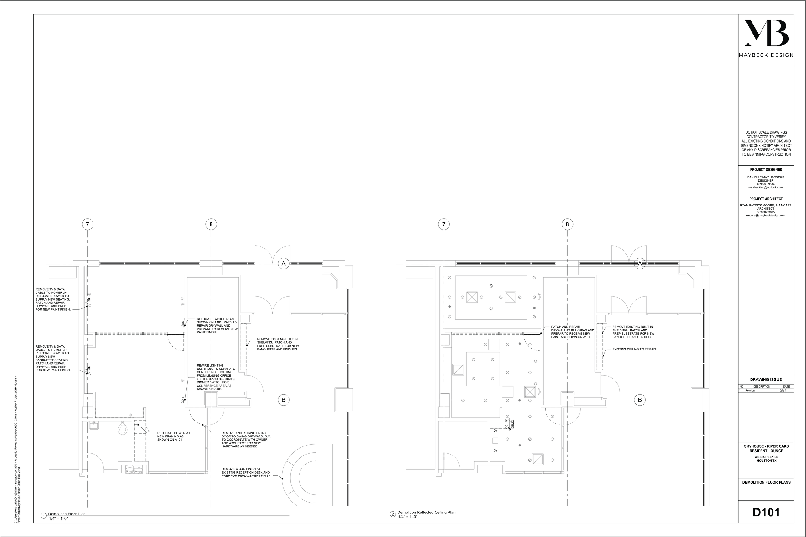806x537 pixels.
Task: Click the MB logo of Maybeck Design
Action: [x=766, y=38]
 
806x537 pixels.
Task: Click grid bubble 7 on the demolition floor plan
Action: [x=88, y=224]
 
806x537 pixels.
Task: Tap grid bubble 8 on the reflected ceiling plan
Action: [x=567, y=224]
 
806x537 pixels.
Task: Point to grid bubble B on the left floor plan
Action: [x=283, y=400]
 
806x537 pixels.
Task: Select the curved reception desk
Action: [x=298, y=476]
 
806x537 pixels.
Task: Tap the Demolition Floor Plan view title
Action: [x=67, y=514]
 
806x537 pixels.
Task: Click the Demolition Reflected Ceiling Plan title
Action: [x=426, y=512]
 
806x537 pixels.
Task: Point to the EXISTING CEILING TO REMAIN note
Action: [x=634, y=349]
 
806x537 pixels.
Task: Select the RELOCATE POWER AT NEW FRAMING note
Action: [x=173, y=436]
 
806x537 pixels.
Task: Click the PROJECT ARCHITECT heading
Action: [x=766, y=199]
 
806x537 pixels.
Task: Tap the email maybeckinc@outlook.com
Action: [x=765, y=188]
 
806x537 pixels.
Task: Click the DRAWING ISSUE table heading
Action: [x=766, y=379]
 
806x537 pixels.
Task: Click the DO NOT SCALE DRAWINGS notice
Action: [x=766, y=143]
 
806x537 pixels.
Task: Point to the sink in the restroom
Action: [x=93, y=426]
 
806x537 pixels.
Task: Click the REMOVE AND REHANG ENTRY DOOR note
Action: [x=246, y=439]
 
